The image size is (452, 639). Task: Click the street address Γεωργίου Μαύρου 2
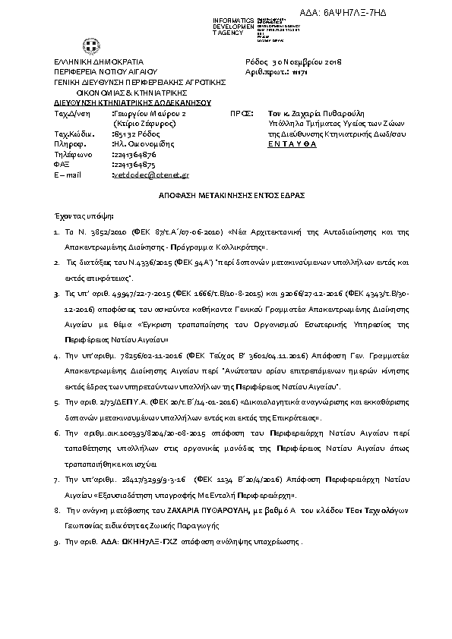pyautogui.click(x=149, y=112)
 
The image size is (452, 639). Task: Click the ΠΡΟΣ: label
pyautogui.click(x=240, y=112)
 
